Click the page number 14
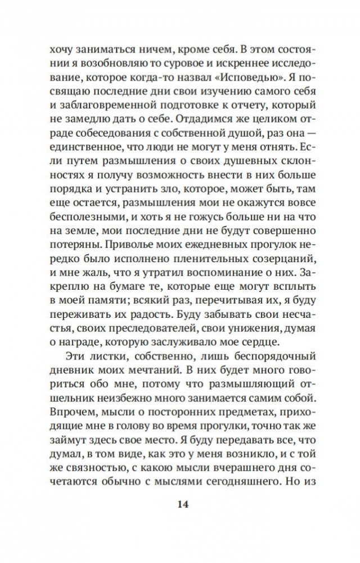click(180, 503)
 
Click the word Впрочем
click(70, 417)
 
